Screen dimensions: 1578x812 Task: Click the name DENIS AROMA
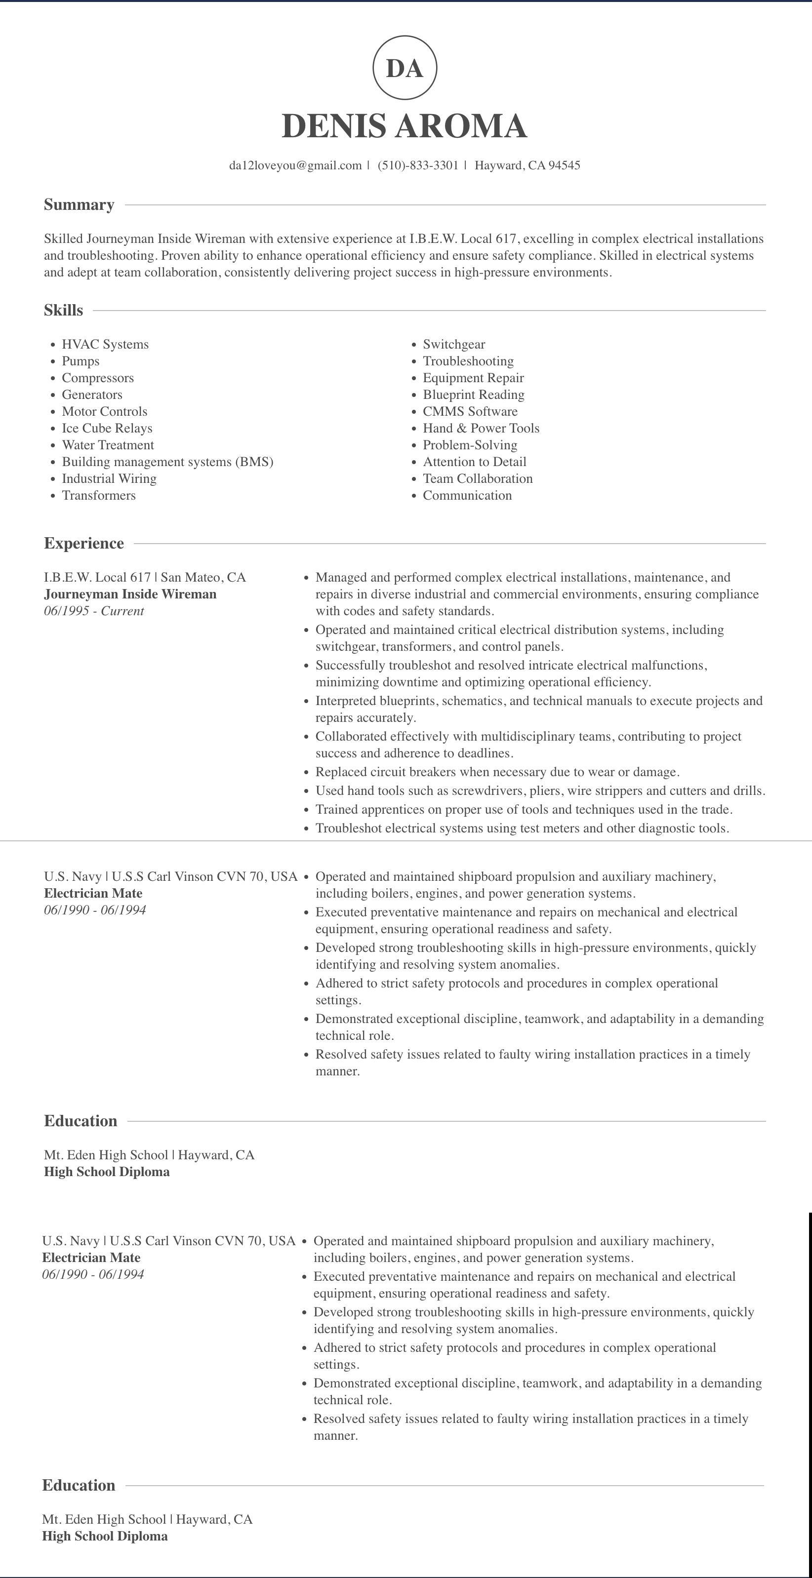(x=405, y=125)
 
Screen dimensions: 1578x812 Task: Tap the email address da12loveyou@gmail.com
(x=295, y=165)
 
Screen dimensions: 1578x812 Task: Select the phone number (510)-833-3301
(x=418, y=165)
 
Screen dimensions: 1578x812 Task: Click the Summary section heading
(x=79, y=204)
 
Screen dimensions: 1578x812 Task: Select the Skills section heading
(x=63, y=311)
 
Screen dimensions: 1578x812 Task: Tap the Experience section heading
(x=84, y=543)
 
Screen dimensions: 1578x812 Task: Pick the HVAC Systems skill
(x=105, y=344)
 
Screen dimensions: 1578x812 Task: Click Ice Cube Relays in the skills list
(x=107, y=428)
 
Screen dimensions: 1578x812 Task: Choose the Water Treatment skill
(x=108, y=445)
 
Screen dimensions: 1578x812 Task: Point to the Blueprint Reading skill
(x=474, y=394)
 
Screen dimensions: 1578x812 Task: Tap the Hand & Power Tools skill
(x=481, y=428)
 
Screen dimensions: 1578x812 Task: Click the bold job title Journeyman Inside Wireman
(x=130, y=594)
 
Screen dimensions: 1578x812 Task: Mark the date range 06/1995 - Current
(x=94, y=611)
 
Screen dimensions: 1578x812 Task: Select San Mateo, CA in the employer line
(x=203, y=578)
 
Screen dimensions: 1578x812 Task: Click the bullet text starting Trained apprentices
(x=524, y=810)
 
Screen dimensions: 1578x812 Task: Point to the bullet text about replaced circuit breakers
(x=497, y=772)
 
